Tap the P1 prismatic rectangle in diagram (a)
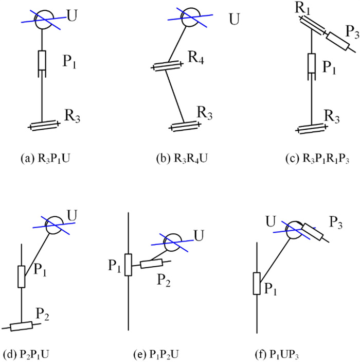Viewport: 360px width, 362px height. click(43, 60)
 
